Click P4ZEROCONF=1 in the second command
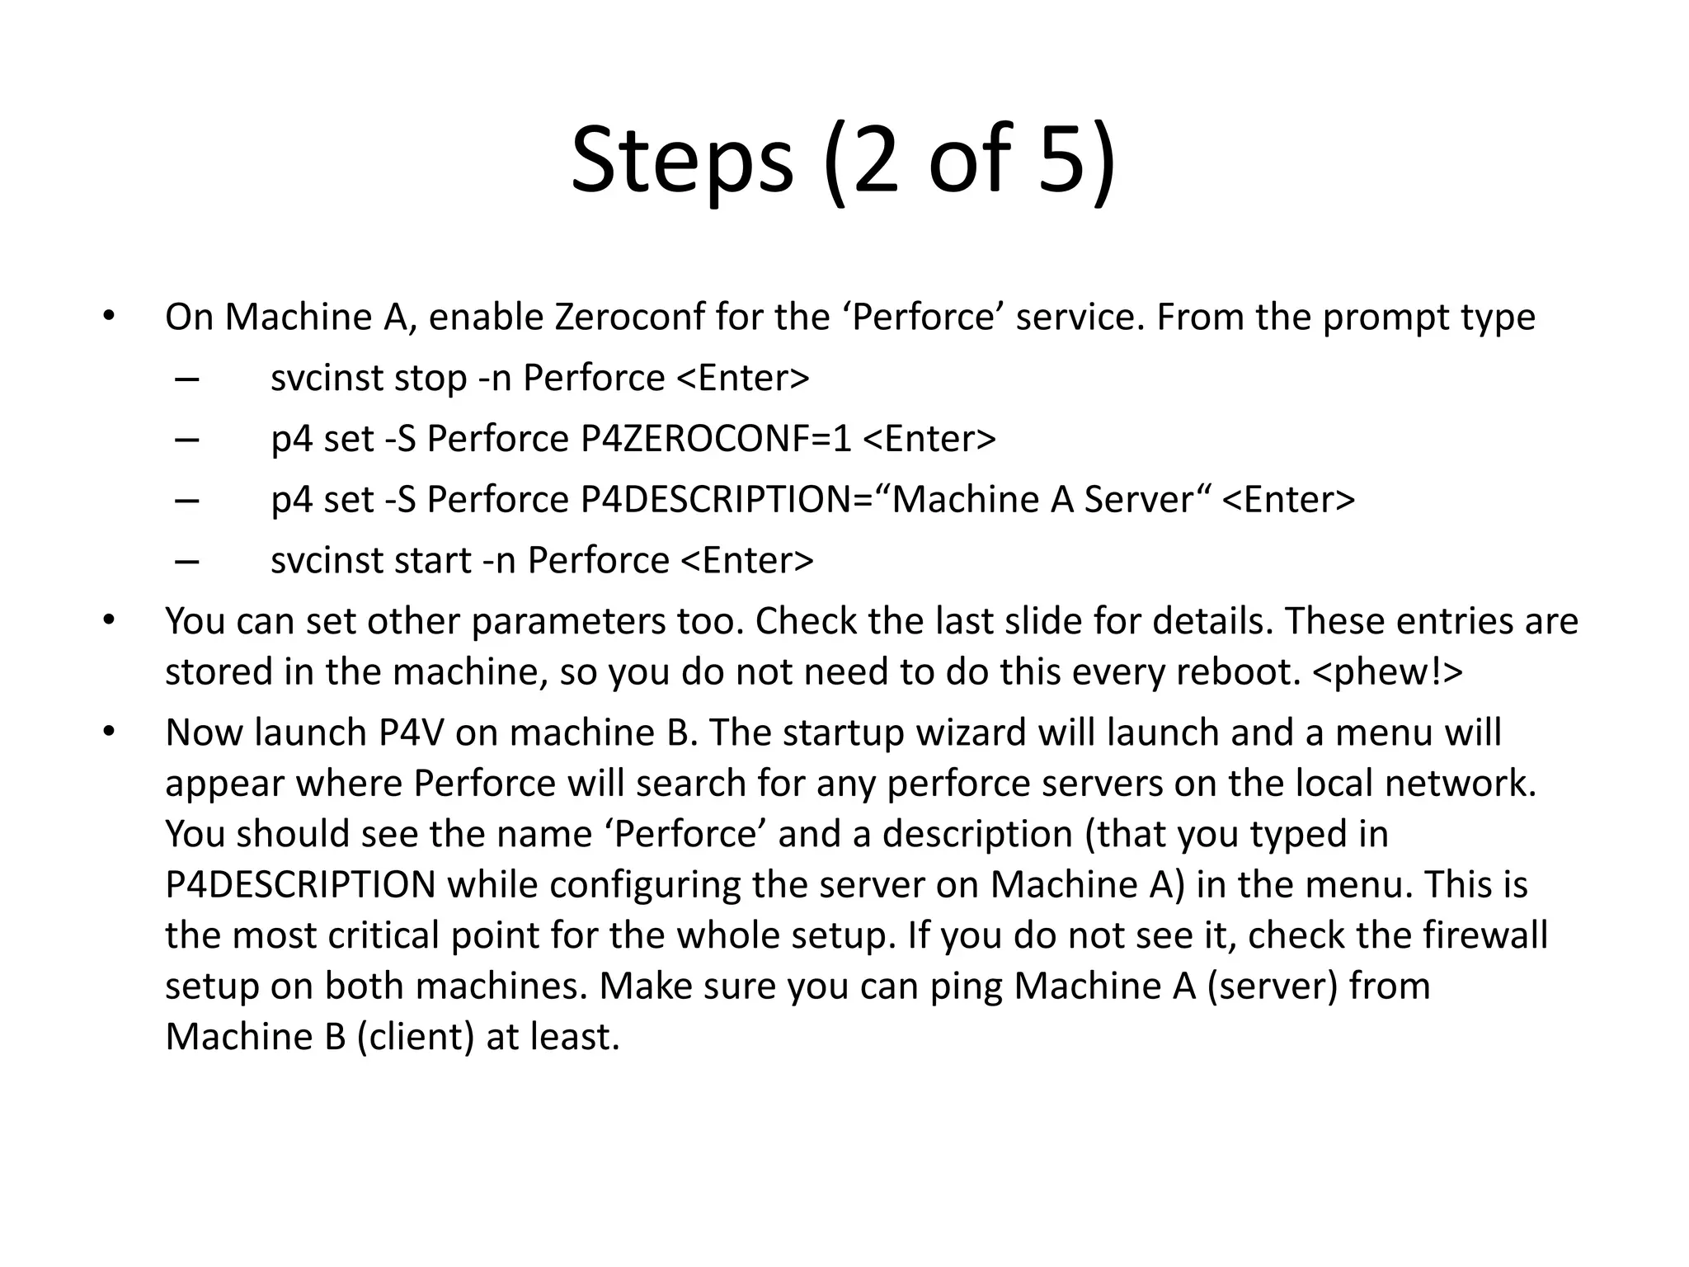pyautogui.click(x=715, y=439)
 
